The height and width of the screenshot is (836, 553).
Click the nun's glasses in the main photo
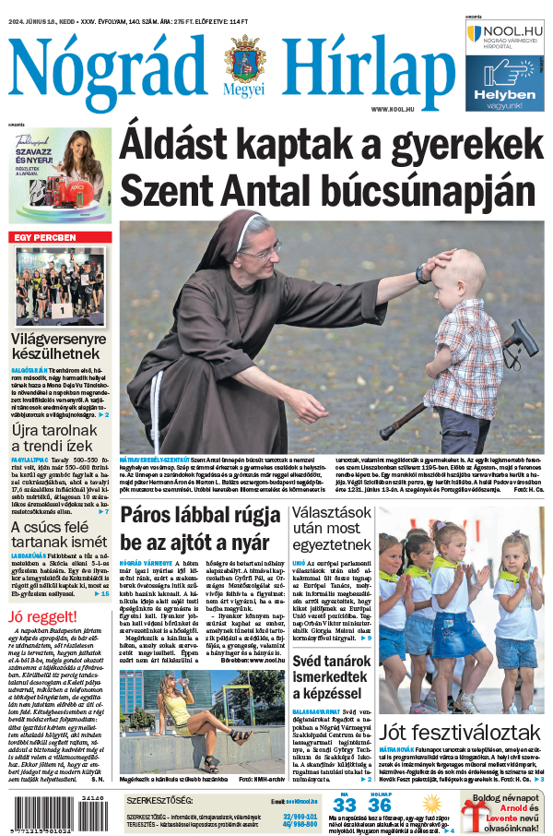(259, 249)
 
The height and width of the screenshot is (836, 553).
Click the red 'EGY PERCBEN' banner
(61, 238)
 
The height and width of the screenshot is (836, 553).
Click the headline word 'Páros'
(156, 516)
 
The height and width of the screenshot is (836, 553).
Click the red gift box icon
(478, 813)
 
